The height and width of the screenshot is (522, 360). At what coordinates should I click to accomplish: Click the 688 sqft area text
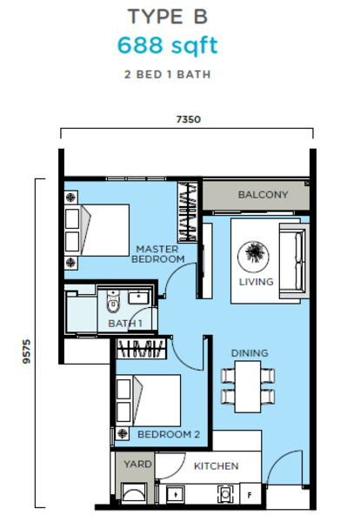tap(168, 45)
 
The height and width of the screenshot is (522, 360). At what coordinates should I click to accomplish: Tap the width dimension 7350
tap(189, 119)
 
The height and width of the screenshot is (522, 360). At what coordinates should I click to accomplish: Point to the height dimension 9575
tap(26, 351)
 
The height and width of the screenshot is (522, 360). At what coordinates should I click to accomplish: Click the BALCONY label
tap(263, 194)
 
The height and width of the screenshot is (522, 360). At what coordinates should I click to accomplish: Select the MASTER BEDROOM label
tap(157, 254)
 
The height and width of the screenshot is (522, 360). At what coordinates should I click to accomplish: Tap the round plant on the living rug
tap(253, 256)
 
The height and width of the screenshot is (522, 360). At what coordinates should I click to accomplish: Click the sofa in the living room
tap(294, 261)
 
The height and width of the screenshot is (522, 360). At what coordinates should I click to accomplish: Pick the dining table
tap(248, 387)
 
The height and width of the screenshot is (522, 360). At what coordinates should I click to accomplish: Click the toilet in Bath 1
tap(113, 302)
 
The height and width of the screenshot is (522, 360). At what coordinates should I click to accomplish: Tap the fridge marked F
tap(250, 495)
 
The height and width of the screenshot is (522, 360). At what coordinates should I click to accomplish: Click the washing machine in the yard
tap(134, 493)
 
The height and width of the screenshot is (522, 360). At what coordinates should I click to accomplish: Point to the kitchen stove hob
tap(225, 494)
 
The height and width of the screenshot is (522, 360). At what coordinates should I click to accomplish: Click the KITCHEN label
tap(217, 466)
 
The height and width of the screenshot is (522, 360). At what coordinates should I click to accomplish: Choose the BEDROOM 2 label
tap(169, 434)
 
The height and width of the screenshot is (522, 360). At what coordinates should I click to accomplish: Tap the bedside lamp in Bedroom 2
tap(123, 433)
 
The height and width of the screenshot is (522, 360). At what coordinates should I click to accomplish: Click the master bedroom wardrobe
tap(187, 211)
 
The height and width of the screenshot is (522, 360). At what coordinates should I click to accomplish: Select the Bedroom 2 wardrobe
tap(141, 349)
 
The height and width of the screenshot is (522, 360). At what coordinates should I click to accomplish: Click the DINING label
tap(250, 353)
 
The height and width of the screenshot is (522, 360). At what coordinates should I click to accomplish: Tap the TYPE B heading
tap(167, 17)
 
